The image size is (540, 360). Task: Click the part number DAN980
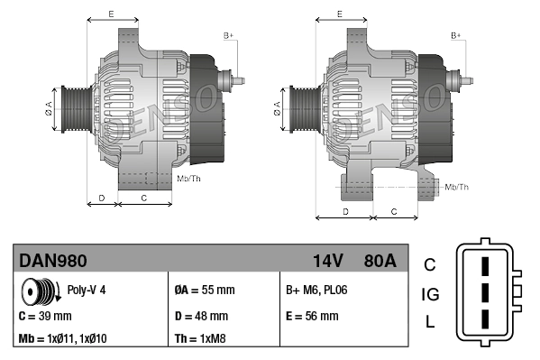coord(53,261)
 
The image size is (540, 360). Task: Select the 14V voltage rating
coord(328,261)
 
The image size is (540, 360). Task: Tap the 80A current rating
coord(378,261)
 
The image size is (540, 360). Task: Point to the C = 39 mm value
coord(45,317)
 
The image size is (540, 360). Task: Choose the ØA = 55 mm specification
coord(204,291)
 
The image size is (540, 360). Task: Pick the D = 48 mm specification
coord(201,317)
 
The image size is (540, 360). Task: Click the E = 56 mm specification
coord(312,317)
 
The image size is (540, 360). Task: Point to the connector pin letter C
coord(430,264)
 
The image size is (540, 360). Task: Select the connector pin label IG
coord(430,294)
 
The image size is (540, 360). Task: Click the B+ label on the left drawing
coord(229,35)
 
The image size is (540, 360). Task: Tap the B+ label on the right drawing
coord(456,35)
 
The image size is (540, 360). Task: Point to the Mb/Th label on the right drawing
coord(457,187)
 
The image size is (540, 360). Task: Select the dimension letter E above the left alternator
coord(110,14)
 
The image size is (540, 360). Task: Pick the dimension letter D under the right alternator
coord(345,211)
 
